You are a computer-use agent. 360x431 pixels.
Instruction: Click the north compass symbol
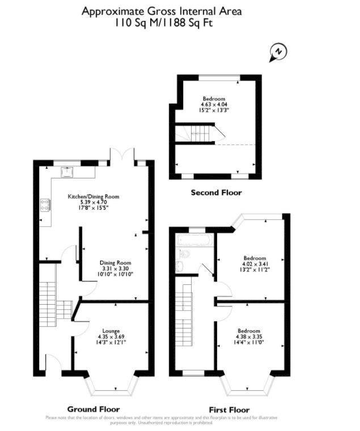[x=277, y=52]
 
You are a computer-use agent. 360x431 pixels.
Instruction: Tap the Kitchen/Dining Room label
[x=94, y=197]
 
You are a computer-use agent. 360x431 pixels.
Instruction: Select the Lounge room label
[x=111, y=331]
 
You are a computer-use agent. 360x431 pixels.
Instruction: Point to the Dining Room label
[x=116, y=263]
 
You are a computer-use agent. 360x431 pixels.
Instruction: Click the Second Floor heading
[x=216, y=193]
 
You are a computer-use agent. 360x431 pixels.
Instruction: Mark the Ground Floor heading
[x=94, y=409]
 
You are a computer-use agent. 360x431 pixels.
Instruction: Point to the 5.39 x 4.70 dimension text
[x=94, y=202]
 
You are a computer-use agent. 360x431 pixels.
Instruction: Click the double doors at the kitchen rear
[x=123, y=156]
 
